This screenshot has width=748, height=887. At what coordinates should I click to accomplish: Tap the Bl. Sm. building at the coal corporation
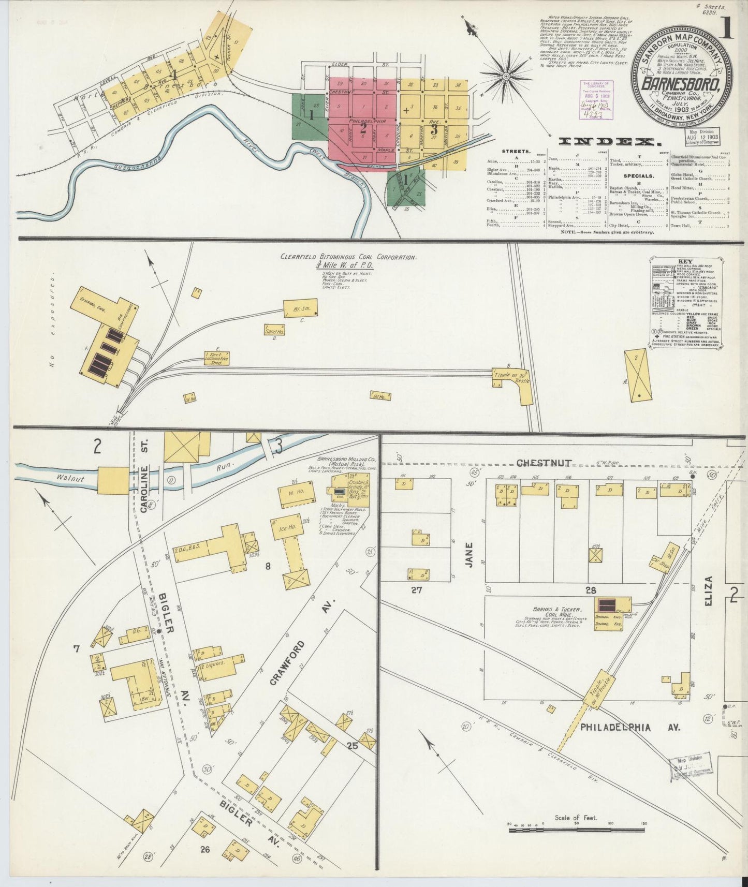pyautogui.click(x=300, y=308)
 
